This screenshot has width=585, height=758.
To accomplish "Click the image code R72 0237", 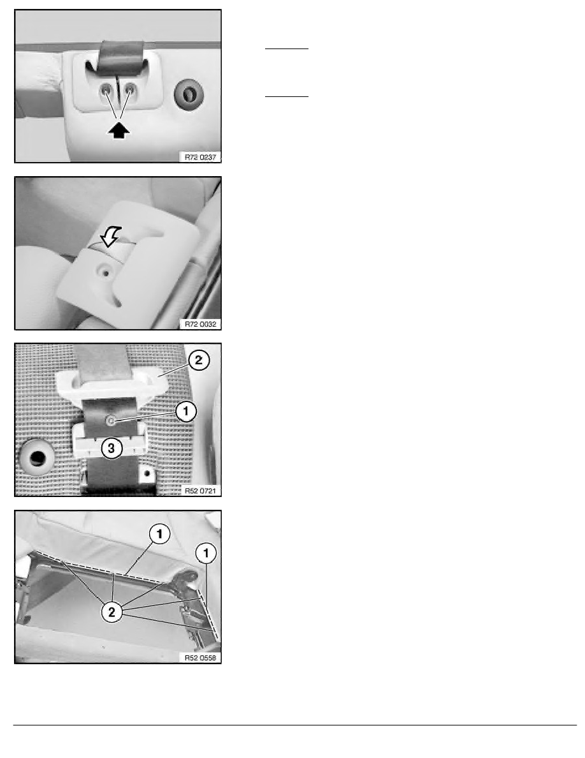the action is tap(200, 157).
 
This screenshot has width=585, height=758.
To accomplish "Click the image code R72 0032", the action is tap(200, 324).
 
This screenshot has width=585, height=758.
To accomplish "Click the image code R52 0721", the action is tap(200, 491).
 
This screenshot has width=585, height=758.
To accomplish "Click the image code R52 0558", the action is tap(200, 657).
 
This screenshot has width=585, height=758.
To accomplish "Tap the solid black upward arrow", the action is tap(119, 130).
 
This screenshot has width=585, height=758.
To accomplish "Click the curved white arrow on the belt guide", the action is tap(110, 236).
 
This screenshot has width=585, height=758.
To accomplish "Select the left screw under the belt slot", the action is tap(106, 90).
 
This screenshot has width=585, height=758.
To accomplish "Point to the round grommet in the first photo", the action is tap(189, 94).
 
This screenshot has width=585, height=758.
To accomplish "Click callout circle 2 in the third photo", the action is tap(198, 360).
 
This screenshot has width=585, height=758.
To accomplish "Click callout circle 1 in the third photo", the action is tap(186, 412).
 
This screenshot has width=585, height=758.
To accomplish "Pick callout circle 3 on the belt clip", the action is tap(112, 448).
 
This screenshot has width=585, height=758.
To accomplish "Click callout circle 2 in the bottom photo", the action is tap(112, 612).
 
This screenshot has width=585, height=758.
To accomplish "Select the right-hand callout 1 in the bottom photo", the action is tap(206, 553).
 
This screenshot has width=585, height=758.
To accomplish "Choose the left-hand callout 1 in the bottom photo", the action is tap(160, 534).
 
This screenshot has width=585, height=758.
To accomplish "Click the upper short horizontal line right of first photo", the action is tap(287, 49).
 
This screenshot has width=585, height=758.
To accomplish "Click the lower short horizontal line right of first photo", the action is tap(287, 97).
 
